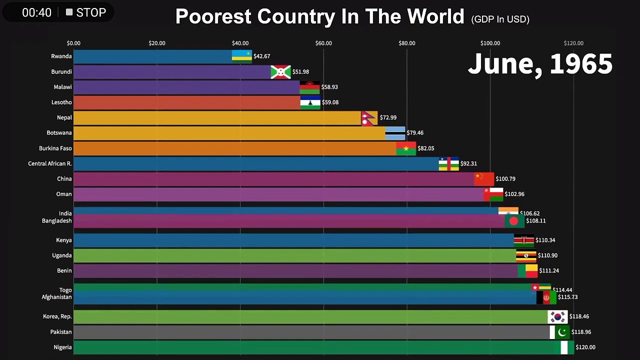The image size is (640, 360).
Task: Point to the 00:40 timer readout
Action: pyautogui.click(x=36, y=12)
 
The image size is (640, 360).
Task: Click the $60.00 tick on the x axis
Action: pyautogui.click(x=323, y=43)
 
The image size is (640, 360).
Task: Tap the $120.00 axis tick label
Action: pyautogui.click(x=573, y=43)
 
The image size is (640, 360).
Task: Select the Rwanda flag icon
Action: pyautogui.click(x=241, y=56)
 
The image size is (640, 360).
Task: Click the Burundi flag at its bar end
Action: pyautogui.click(x=280, y=72)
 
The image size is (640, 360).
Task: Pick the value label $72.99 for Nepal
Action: pyautogui.click(x=388, y=117)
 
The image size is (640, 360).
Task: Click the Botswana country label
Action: pyautogui.click(x=59, y=133)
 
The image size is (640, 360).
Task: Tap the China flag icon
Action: pyautogui.click(x=484, y=179)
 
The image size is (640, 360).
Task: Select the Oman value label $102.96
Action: pyautogui.click(x=514, y=194)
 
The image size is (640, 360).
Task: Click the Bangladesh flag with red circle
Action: pyautogui.click(x=514, y=221)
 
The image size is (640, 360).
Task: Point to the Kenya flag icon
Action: pyautogui.click(x=524, y=240)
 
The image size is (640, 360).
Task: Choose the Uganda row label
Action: pyautogui.click(x=62, y=255)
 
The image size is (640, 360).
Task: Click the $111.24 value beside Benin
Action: pyautogui.click(x=549, y=271)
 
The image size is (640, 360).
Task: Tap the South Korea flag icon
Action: pyautogui.click(x=557, y=317)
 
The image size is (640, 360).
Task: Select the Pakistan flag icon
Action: pyautogui.click(x=559, y=332)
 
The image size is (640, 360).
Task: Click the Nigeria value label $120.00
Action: pyautogui.click(x=585, y=347)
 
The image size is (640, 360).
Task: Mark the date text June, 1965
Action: pyautogui.click(x=540, y=64)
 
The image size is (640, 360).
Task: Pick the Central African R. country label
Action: pyautogui.click(x=50, y=163)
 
